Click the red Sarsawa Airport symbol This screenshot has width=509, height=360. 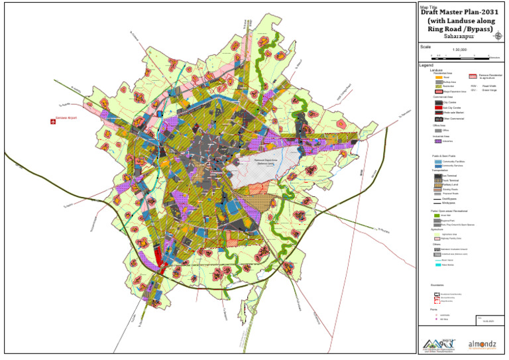(54, 121)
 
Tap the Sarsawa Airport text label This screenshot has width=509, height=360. (68, 117)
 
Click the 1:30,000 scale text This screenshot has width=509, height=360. (459, 50)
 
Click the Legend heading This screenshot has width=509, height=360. (426, 65)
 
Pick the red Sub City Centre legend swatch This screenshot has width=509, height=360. (438, 108)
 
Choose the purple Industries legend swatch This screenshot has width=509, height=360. (438, 141)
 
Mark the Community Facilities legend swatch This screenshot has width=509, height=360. (437, 160)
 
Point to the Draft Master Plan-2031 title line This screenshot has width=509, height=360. (461, 12)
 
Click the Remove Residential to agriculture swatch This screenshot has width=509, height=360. (473, 78)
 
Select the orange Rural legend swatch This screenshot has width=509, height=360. (437, 78)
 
